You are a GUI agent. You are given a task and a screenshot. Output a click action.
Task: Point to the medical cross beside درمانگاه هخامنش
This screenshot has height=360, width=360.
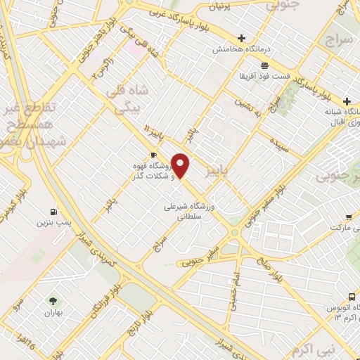coord(243,39)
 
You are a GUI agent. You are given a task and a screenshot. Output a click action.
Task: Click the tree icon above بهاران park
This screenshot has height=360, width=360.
coord(50,301)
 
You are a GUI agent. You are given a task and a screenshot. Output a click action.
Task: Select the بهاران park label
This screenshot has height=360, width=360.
coord(50,312)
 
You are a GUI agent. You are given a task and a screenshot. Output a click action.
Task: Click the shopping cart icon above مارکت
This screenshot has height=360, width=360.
coord(349,217)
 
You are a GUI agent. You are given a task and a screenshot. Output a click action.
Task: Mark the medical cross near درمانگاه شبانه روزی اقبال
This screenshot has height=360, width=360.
coord(347,101)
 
